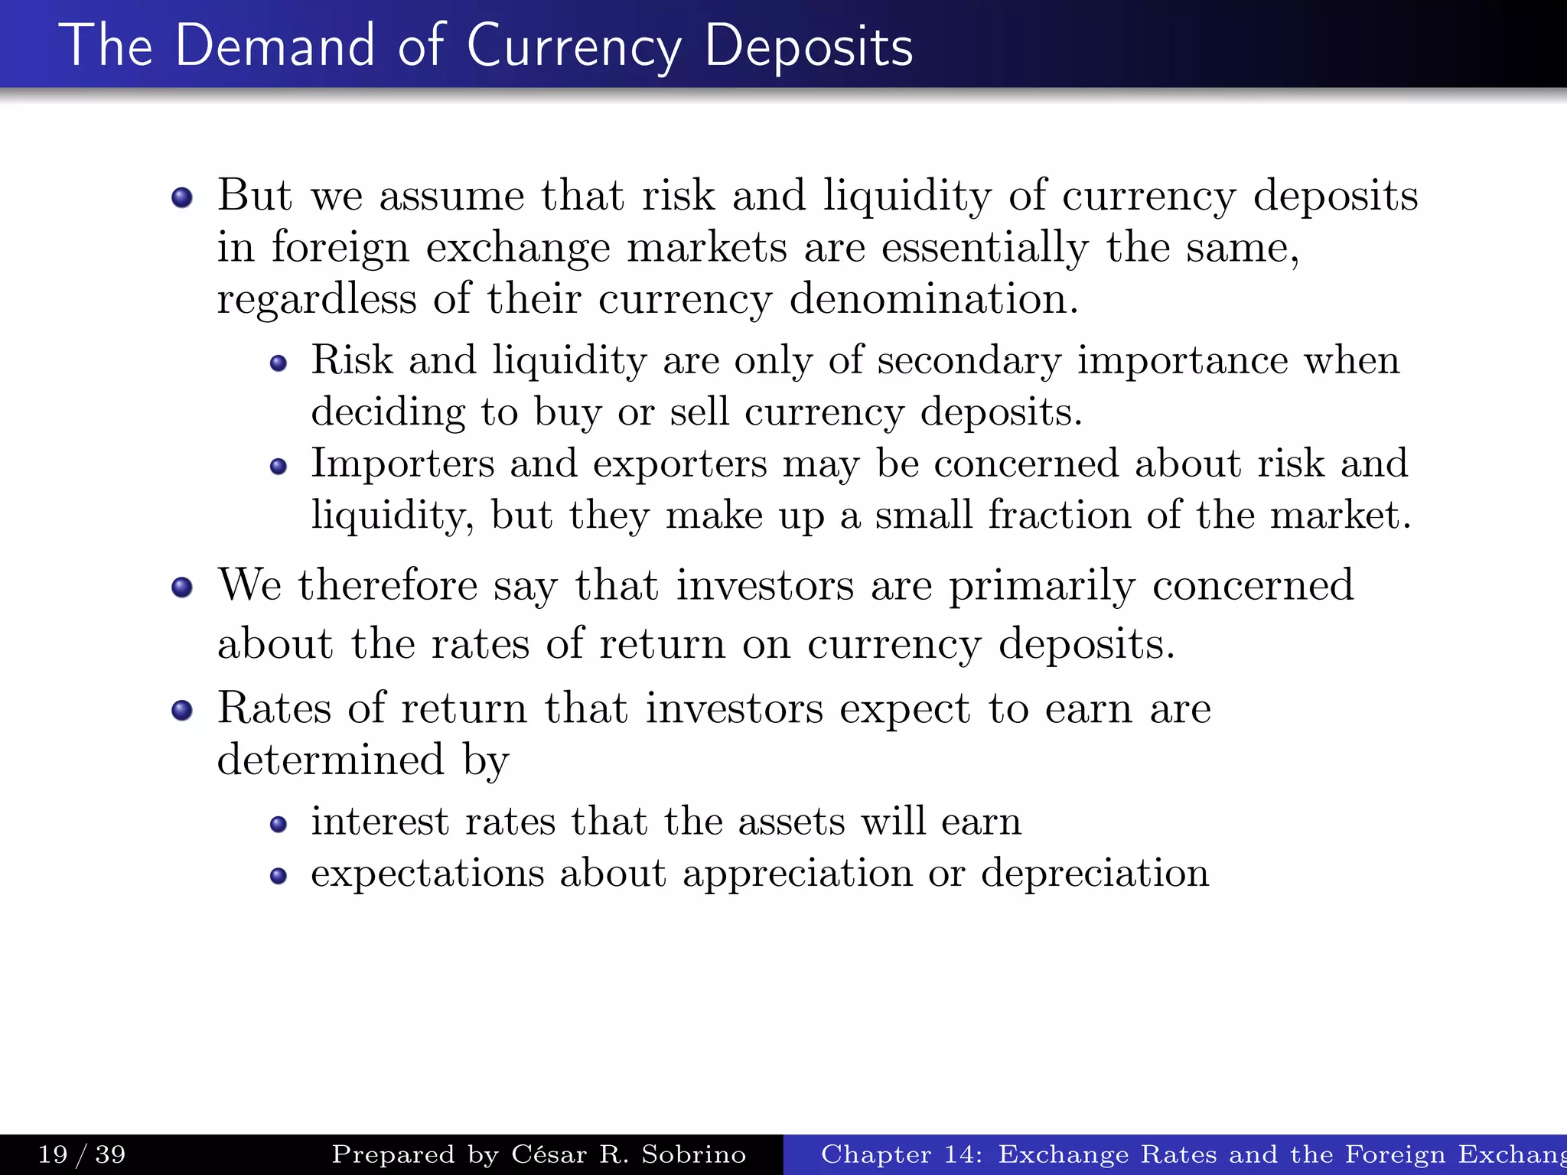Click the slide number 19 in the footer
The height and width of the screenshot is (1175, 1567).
click(53, 1154)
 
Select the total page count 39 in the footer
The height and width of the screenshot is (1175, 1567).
click(110, 1154)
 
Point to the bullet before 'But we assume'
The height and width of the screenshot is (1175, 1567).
click(182, 198)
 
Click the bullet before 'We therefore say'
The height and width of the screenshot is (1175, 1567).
click(182, 587)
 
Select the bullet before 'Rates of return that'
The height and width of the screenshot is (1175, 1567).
click(182, 711)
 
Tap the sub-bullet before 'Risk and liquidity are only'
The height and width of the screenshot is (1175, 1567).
click(279, 363)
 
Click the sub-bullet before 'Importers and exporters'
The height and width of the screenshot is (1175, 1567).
click(279, 466)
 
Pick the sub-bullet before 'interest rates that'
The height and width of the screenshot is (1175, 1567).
click(279, 824)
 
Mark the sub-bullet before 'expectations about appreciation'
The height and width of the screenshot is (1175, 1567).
click(279, 876)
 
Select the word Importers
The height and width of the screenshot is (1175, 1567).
click(402, 464)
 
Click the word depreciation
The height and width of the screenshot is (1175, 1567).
click(1095, 874)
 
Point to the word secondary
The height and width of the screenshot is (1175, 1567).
click(969, 360)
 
